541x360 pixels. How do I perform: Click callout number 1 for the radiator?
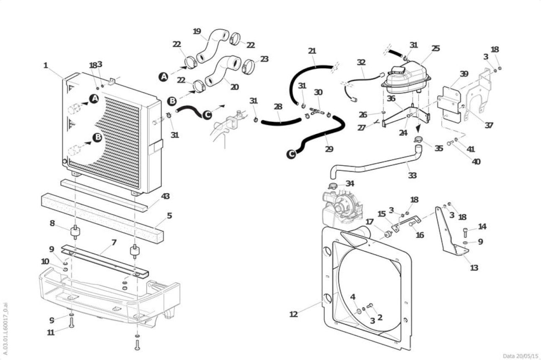tap(46, 66)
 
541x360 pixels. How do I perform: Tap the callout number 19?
tap(197, 31)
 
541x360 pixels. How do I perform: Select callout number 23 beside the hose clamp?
tap(264, 59)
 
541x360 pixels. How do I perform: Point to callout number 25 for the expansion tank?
tap(436, 48)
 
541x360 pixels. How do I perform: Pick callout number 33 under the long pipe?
tap(412, 175)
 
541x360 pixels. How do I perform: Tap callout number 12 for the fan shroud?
tap(293, 314)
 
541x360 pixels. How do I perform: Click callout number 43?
tap(165, 196)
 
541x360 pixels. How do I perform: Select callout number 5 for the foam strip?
tap(169, 216)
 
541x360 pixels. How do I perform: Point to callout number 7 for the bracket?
tap(114, 242)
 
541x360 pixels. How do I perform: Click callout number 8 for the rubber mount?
tap(52, 223)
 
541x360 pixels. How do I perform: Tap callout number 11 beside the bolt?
tap(50, 333)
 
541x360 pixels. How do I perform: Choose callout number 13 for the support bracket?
tap(474, 268)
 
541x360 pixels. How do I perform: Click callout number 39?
tap(464, 74)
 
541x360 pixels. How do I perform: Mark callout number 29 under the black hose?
tap(329, 149)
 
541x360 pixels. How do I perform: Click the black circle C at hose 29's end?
tap(292, 154)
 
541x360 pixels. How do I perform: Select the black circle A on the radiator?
tap(94, 99)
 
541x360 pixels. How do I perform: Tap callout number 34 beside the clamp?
tap(350, 184)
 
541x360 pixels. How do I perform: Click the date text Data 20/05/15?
tap(520, 356)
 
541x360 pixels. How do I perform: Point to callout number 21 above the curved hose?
tap(312, 51)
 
